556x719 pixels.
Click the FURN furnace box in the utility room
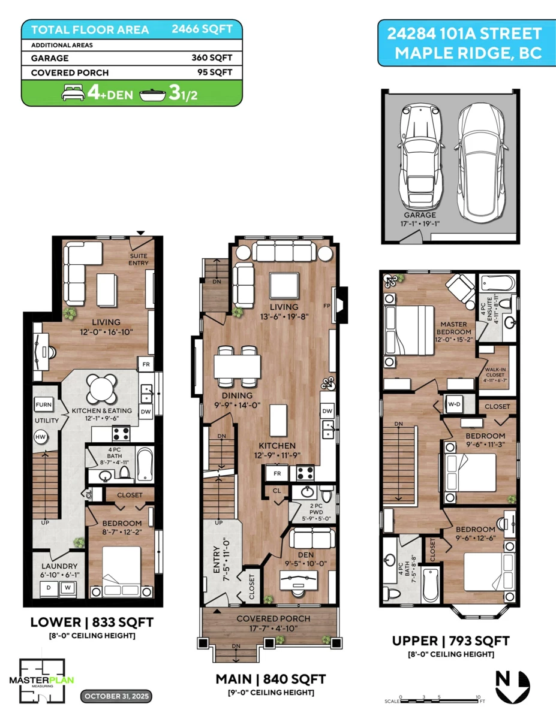tap(44, 404)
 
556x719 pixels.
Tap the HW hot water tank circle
tap(40, 437)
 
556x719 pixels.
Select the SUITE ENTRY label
tap(139, 259)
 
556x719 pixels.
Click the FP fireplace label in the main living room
tap(327, 306)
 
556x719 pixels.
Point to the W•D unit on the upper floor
tap(454, 404)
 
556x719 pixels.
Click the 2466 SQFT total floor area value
tap(202, 29)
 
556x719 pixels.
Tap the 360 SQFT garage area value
tap(212, 58)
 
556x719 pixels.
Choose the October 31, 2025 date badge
tap(116, 696)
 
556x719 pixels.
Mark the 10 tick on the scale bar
tap(478, 698)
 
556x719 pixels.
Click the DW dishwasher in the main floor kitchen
tap(327, 411)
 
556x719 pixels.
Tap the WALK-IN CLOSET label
tap(495, 375)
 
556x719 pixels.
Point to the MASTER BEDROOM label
tap(453, 328)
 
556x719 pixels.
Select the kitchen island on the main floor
tap(278, 421)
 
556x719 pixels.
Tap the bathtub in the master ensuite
tap(498, 283)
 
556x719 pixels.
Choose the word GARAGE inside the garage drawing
tap(420, 215)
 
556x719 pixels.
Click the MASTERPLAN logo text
tap(41, 680)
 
